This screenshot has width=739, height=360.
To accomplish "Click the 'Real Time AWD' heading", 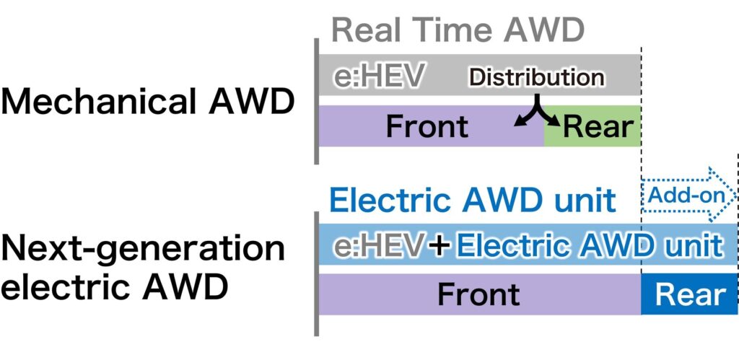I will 458,30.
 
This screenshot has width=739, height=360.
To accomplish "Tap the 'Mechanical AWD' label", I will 147,102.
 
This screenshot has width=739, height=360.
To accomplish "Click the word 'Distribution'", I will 536,77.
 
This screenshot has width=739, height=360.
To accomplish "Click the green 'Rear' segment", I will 592,126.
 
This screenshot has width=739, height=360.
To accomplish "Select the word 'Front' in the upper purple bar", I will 427,127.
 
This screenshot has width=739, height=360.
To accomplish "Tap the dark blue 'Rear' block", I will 689,294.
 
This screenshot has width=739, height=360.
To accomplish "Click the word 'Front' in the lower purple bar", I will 478,294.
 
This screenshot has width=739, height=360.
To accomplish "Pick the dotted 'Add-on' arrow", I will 686,196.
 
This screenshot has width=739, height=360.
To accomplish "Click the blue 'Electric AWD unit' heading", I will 473,200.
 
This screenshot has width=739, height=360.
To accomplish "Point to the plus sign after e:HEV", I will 439,247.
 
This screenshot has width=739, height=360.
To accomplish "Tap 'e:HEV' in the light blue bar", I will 377,247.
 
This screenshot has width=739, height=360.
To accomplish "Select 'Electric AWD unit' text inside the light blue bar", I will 588,247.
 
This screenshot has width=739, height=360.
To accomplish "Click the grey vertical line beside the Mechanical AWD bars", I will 317,101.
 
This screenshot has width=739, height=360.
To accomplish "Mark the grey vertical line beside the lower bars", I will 317,274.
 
